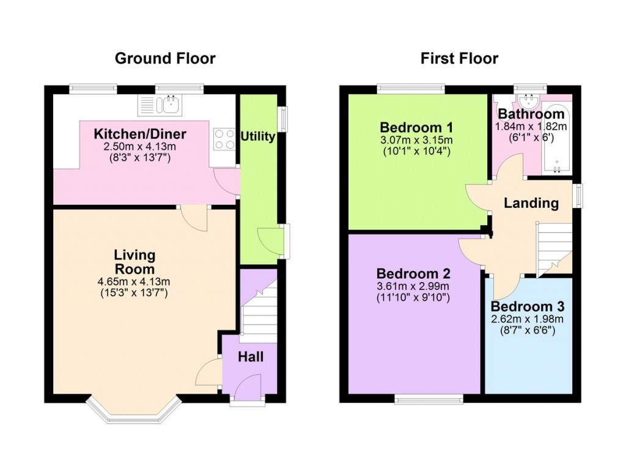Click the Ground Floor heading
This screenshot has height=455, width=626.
165,59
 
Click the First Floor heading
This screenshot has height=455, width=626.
459,59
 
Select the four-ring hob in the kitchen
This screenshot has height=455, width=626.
223,139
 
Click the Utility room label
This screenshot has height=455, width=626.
257,136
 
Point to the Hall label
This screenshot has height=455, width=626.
251,356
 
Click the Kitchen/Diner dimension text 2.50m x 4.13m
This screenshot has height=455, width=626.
140,147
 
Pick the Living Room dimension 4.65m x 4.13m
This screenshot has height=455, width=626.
134,282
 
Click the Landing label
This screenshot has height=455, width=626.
531,203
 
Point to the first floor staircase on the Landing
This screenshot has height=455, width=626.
554,248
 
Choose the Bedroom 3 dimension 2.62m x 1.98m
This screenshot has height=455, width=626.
528,319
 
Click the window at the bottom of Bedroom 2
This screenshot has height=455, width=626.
429,399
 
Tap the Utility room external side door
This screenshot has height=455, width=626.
285,240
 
